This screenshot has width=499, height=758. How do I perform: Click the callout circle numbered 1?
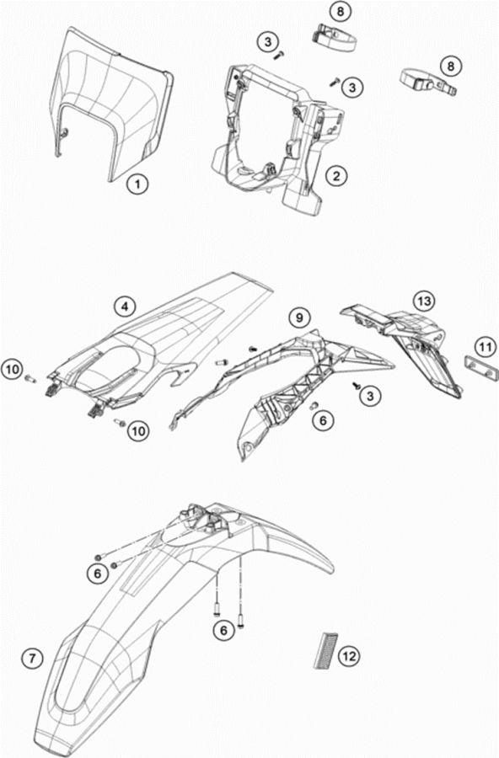(137, 184)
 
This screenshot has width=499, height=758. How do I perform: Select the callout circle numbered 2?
(337, 175)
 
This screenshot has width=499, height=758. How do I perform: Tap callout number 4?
(126, 307)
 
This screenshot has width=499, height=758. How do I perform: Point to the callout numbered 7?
(32, 658)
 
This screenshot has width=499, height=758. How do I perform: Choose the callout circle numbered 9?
(300, 318)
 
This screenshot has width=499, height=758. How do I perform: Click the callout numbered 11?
(486, 347)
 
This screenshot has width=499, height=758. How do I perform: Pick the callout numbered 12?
(349, 656)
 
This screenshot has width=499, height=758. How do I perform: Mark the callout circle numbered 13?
(424, 302)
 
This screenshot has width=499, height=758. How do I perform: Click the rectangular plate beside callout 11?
(480, 367)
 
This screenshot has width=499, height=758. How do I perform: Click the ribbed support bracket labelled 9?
(281, 382)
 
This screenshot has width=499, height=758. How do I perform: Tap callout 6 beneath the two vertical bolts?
(223, 630)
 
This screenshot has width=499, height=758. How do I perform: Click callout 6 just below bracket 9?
(324, 420)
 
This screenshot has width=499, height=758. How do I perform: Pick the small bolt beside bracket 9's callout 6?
(314, 405)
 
